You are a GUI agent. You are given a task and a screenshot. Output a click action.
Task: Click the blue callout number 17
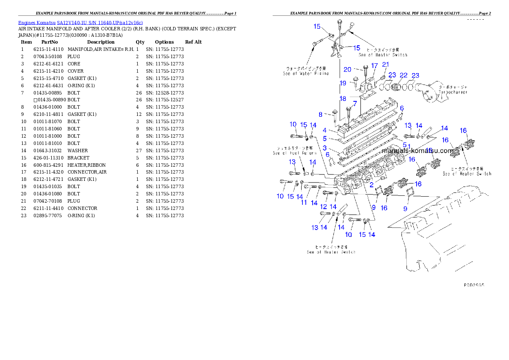click(375, 66)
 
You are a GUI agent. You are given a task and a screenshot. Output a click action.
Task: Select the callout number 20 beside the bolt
click(347, 69)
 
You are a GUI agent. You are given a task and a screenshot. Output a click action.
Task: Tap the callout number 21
click(386, 65)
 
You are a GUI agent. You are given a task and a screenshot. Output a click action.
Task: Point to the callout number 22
click(403, 75)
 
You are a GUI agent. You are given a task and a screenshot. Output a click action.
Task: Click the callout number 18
click(343, 98)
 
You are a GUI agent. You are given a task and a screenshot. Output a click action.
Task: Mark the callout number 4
click(325, 130)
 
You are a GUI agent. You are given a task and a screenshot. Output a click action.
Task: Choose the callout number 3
click(325, 148)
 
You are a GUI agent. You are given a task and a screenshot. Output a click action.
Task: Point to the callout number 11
click(304, 202)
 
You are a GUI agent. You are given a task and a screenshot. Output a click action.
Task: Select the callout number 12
click(323, 207)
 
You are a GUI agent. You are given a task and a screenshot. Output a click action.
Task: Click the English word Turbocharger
click(453, 92)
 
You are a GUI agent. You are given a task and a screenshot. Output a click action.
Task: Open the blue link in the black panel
click(80, 22)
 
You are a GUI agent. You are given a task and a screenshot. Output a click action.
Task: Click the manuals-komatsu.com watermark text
click(417, 151)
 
